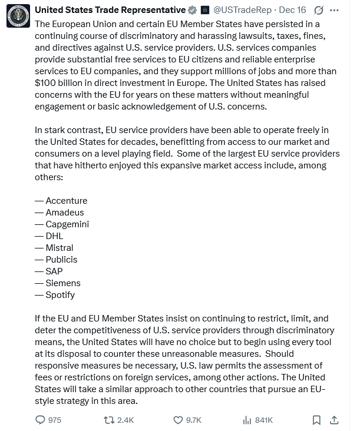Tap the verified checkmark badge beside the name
pos(192,10)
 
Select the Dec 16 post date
pos(293,10)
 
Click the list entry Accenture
pos(66,201)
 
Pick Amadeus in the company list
pos(65,213)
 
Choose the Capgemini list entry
pos(67,224)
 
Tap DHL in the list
pos(54,236)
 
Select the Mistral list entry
pos(60,248)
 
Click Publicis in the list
pos(61,260)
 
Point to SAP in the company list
pos(54,271)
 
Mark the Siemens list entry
pos(63,283)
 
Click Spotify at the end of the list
pos(60,295)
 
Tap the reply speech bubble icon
pos(41,420)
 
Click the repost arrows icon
pos(109,420)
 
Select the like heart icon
pos(178,420)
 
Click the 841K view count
pos(263,420)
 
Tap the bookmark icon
pos(316,420)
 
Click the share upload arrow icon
pos(334,420)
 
